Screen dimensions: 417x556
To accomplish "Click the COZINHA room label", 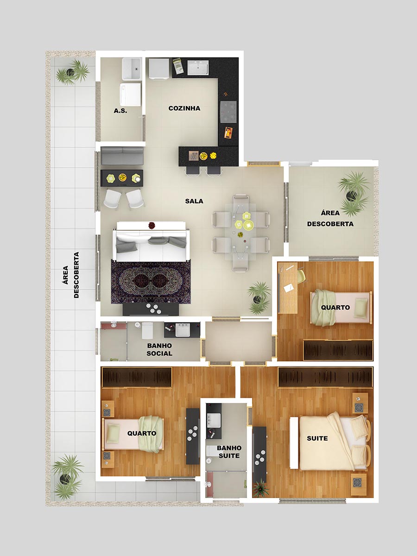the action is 184,108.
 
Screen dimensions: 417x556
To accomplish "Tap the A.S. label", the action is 120,111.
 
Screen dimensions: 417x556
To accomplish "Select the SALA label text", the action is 194,201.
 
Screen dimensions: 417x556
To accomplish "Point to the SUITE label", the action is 317,438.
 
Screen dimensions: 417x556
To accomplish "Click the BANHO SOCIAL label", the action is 159,349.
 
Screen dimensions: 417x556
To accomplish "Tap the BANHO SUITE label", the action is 229,452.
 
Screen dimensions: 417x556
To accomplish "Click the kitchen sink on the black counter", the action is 198,68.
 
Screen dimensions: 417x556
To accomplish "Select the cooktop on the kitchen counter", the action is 228,112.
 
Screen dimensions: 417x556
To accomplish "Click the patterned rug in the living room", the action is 151,281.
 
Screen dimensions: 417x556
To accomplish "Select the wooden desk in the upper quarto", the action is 288,288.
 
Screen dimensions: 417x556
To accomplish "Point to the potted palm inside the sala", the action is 259,298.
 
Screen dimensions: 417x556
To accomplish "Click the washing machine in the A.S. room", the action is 130,95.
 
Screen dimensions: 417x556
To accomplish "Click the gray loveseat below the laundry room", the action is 122,156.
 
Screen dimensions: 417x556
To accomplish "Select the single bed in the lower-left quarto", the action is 133,433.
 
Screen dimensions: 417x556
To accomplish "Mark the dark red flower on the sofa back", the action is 152,225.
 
